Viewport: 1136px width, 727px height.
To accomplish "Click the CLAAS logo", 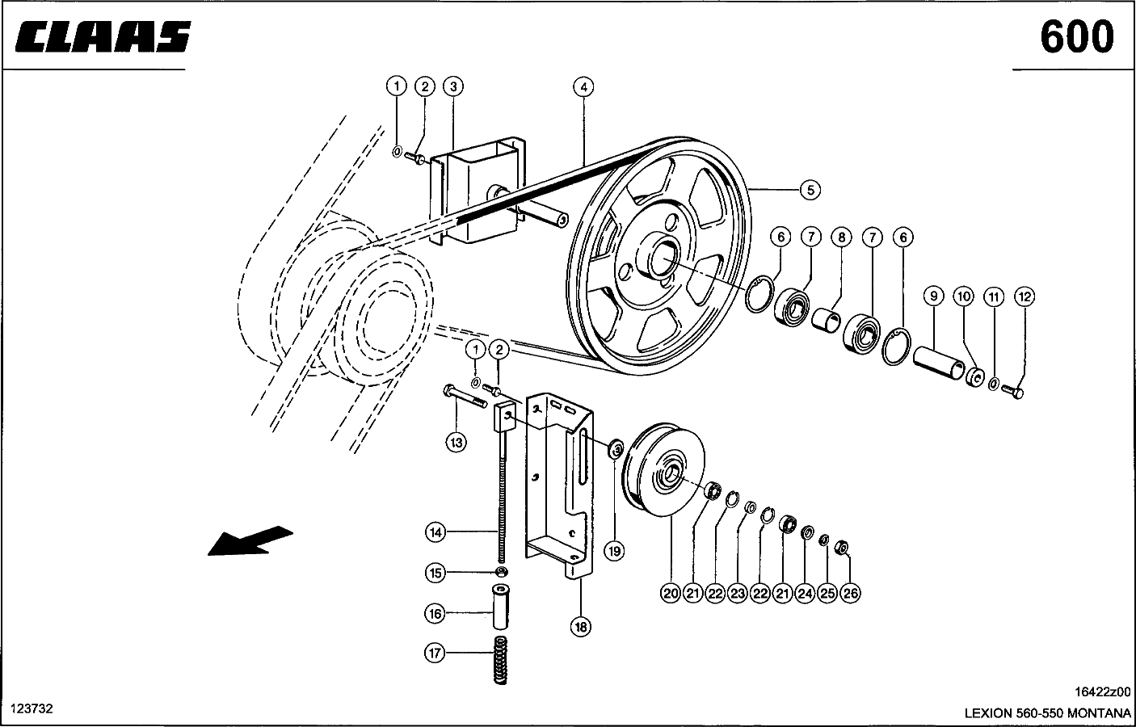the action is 103,36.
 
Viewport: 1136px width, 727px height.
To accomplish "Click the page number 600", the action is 1077,37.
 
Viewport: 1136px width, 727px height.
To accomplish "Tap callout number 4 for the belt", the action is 583,87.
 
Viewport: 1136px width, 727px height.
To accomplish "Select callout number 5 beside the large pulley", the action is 810,190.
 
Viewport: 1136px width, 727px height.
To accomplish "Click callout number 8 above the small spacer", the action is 841,237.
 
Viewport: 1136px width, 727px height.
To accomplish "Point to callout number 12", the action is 1025,297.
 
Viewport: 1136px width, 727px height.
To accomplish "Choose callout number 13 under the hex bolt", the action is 457,443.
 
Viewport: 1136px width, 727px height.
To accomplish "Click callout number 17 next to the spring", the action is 435,653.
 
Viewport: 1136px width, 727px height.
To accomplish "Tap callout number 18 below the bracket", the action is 581,627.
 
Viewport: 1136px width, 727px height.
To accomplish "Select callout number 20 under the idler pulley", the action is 671,593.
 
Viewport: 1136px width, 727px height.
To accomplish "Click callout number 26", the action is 851,593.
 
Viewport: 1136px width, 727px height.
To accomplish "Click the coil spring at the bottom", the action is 501,661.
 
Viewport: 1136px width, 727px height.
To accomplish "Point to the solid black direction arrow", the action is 250,541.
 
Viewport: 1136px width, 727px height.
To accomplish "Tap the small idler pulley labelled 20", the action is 663,469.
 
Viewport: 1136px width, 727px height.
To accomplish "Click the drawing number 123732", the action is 32,708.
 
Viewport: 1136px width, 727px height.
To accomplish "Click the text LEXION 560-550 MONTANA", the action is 1047,713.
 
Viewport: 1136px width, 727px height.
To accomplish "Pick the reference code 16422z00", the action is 1103,692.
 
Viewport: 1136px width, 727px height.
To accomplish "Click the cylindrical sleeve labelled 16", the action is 501,607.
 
